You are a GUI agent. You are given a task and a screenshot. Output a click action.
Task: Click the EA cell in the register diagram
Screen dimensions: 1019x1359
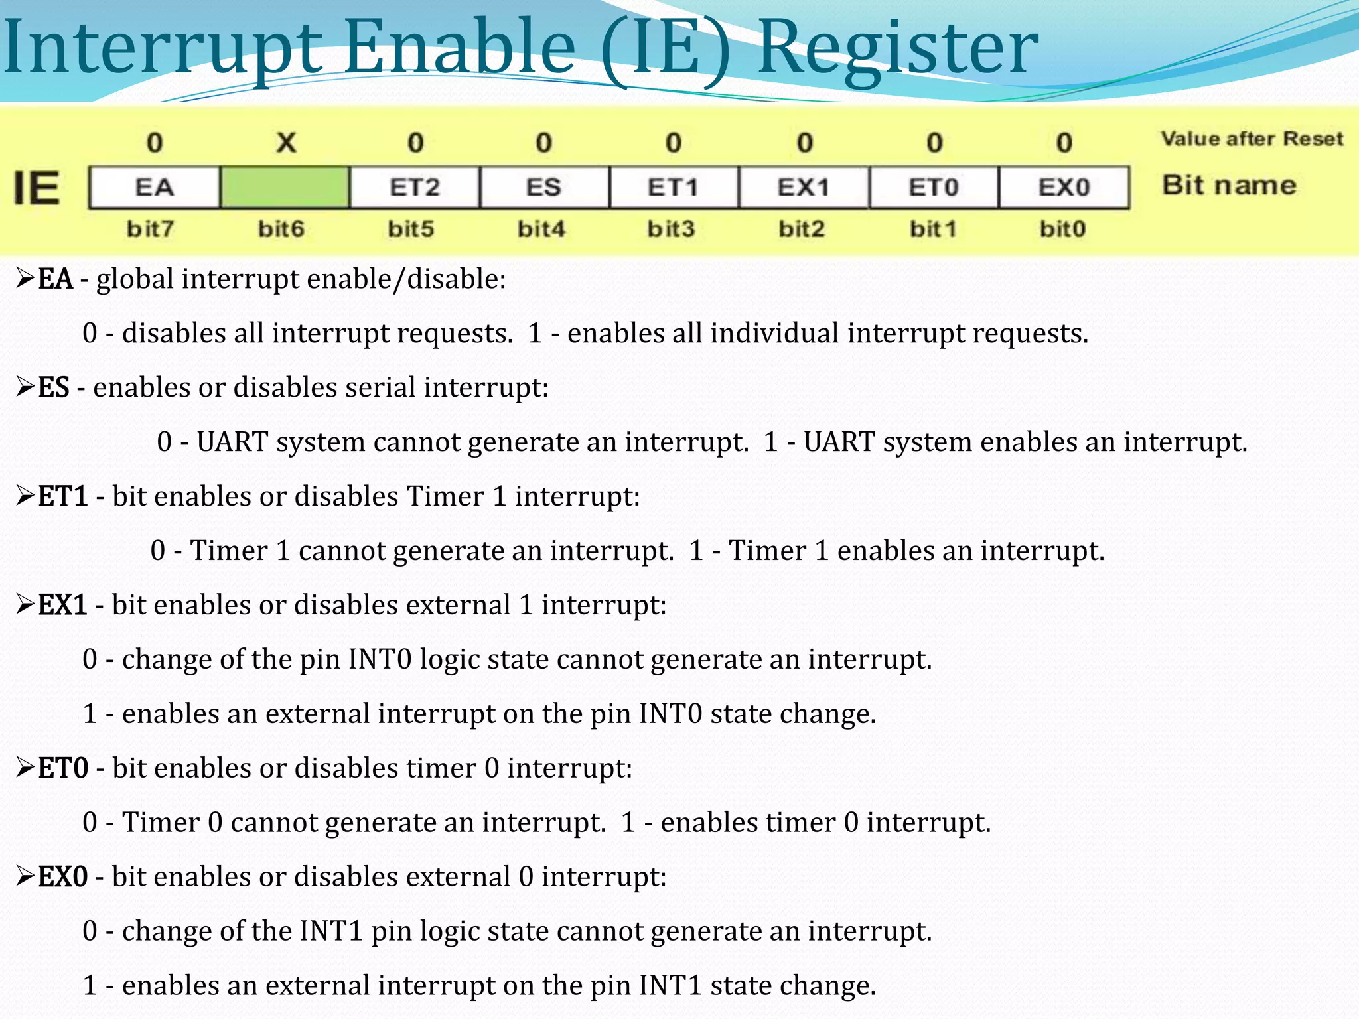154,188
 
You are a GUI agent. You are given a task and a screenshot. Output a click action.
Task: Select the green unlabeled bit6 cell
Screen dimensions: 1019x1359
285,188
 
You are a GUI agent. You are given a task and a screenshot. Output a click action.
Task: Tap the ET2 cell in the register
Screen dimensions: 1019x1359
415,188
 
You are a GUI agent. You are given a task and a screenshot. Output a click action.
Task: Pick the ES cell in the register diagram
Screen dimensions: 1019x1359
544,188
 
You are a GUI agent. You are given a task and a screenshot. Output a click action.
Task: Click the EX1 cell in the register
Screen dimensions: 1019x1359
804,188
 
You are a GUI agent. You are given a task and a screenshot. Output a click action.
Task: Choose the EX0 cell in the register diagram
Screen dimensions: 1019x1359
1064,188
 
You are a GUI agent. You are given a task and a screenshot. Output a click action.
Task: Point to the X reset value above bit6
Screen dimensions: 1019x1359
286,143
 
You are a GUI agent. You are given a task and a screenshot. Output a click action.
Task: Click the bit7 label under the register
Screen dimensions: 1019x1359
151,229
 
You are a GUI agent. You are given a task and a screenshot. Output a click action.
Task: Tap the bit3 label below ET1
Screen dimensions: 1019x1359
671,229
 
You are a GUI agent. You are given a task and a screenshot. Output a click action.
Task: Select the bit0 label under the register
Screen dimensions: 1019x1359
1062,229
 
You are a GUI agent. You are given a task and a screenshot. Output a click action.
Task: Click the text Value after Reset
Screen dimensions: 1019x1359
1252,139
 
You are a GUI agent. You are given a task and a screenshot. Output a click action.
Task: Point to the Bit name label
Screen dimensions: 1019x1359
1229,185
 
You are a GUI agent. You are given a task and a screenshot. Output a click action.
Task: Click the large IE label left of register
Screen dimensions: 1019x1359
37,188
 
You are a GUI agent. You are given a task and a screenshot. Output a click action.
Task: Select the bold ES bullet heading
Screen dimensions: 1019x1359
54,387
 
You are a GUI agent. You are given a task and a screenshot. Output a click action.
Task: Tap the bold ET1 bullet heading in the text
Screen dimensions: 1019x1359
63,496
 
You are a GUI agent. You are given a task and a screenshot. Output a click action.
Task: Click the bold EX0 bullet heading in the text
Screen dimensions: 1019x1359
62,877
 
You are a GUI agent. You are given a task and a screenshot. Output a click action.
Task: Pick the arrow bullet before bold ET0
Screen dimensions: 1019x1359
25,768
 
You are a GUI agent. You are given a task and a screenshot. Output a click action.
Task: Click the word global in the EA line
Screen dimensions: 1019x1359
135,279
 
